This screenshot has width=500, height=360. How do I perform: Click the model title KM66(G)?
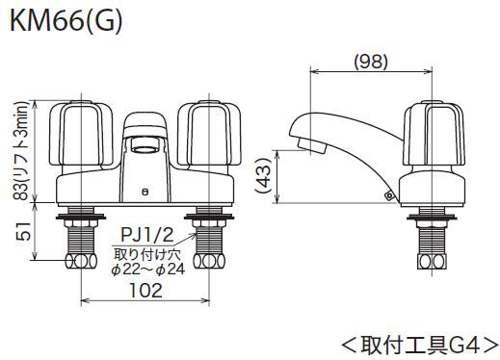click(66, 21)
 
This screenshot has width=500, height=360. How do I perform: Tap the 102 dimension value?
click(145, 290)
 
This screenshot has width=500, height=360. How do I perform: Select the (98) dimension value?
click(371, 62)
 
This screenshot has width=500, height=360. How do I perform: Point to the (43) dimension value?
click(264, 175)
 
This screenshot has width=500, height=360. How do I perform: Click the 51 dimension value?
click(24, 231)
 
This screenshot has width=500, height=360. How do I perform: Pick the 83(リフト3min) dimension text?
click(22, 151)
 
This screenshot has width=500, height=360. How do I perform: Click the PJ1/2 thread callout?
click(147, 235)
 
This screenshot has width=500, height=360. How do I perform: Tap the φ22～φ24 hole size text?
click(148, 270)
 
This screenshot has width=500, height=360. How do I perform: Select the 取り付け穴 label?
click(147, 254)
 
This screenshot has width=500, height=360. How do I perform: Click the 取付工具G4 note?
click(420, 346)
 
